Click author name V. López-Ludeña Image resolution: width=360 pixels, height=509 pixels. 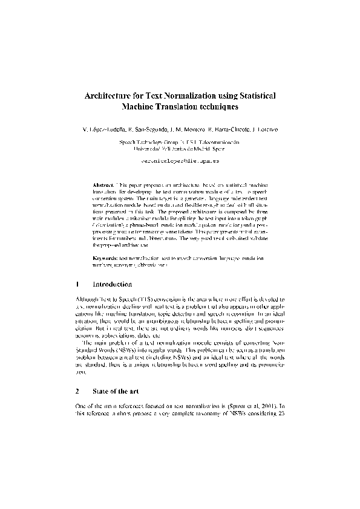tap(105, 129)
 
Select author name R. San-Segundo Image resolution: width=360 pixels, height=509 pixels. tap(148, 129)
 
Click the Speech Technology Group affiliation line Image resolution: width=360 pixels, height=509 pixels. tap(180, 143)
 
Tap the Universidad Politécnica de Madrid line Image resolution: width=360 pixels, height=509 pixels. tap(180, 149)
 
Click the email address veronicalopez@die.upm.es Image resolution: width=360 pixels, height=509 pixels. tap(180, 162)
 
